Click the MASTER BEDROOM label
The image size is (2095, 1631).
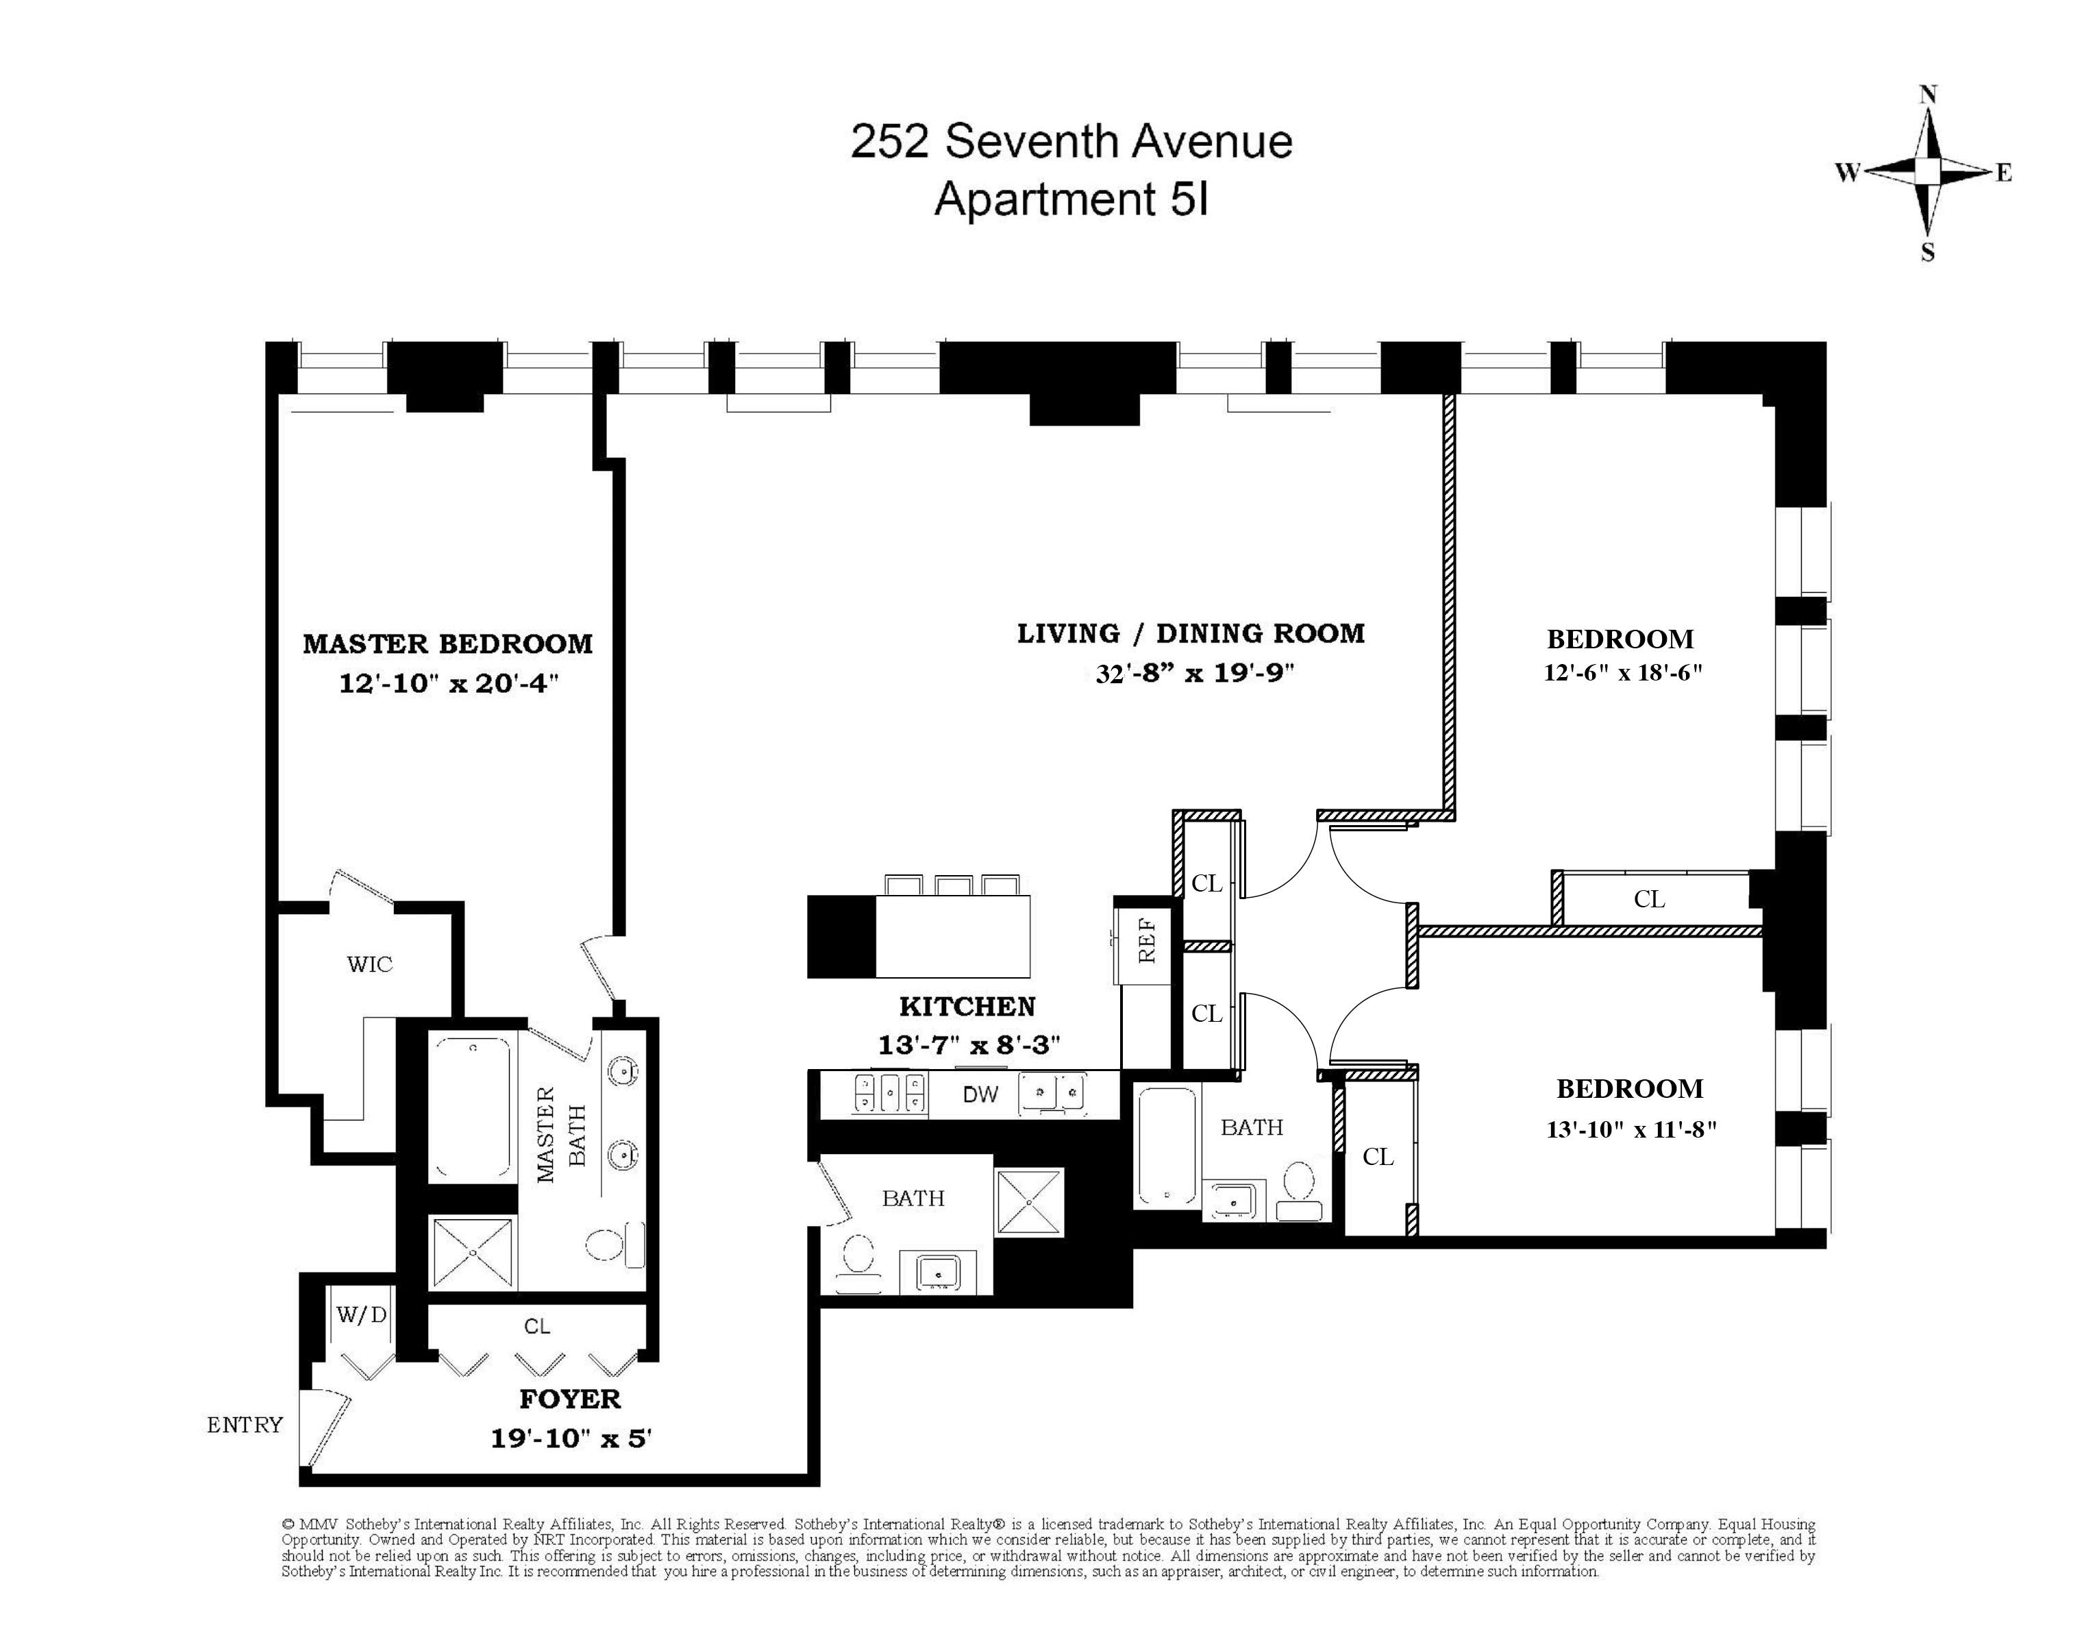[448, 643]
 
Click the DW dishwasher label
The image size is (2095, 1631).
[980, 1094]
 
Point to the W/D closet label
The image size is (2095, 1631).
[360, 1314]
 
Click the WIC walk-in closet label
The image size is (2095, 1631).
[369, 964]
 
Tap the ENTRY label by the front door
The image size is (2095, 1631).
[245, 1425]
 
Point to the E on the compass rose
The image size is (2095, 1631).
[2004, 173]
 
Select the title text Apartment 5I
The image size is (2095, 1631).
[1071, 199]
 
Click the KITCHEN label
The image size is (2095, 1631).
[967, 1007]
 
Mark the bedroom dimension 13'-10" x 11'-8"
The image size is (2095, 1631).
[1631, 1129]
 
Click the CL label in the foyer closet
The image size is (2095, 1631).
[537, 1326]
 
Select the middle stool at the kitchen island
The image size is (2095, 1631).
[952, 883]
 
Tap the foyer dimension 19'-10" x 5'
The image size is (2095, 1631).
[572, 1439]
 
